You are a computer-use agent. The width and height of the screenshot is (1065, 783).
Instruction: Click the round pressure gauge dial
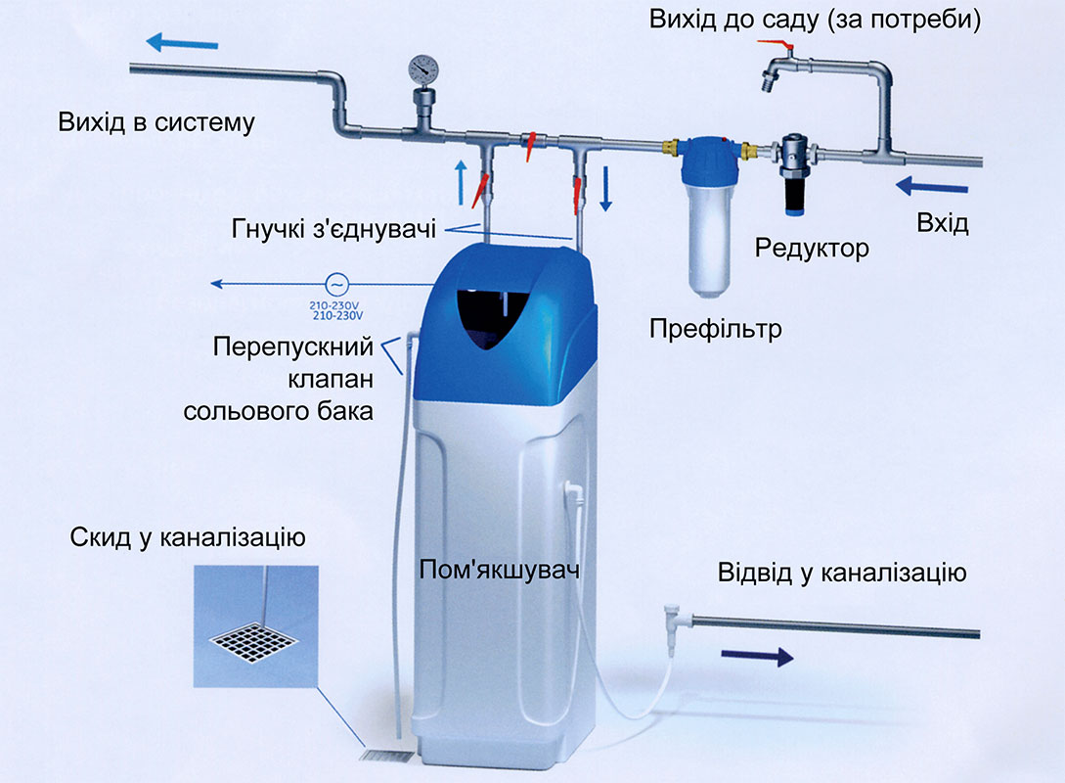[x=423, y=69]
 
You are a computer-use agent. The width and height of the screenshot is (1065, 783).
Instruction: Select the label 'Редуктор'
[x=812, y=249]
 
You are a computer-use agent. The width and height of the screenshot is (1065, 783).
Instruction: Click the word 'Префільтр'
[x=715, y=329]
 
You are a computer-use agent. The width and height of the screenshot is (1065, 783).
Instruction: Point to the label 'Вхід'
[x=942, y=223]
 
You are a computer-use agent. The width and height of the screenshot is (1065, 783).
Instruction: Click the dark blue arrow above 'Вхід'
[x=932, y=186]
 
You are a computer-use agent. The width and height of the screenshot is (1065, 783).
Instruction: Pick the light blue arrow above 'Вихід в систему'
[x=182, y=43]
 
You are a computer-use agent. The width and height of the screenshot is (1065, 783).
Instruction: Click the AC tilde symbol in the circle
[x=336, y=284]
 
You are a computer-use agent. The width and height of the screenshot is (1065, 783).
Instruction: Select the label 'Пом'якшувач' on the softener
[x=499, y=570]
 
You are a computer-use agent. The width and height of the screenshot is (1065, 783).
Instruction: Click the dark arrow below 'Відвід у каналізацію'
[x=757, y=656]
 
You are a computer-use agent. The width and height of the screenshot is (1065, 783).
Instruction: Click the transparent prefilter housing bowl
[x=709, y=241]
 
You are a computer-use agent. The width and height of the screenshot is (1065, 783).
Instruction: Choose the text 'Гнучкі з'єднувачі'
[x=333, y=229]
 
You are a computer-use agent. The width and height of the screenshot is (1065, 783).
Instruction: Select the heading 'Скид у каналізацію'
[x=188, y=537]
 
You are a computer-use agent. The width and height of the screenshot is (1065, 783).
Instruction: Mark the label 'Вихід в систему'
[x=156, y=122]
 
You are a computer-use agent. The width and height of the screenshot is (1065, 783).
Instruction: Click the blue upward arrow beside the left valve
[x=462, y=182]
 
